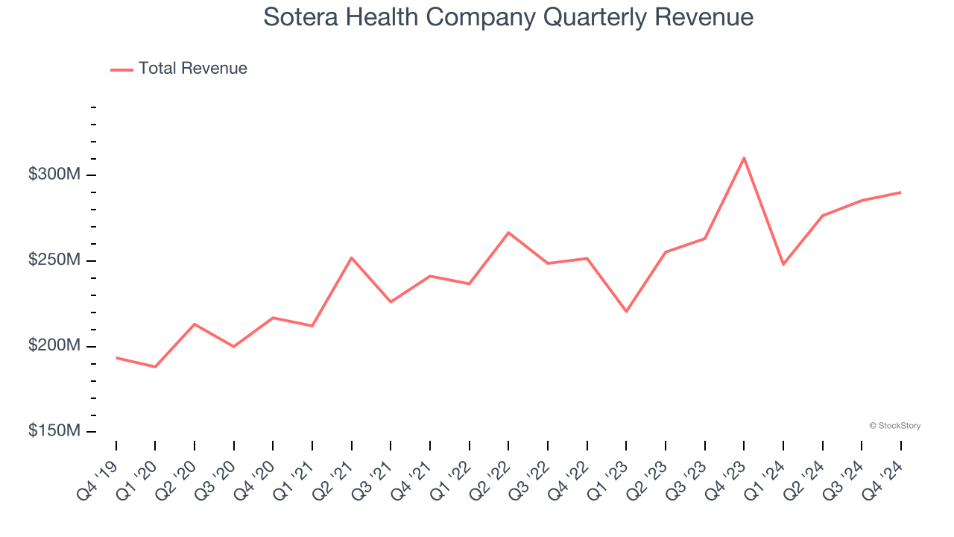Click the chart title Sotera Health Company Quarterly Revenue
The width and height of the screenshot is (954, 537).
(508, 17)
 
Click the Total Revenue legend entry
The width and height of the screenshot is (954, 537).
(179, 69)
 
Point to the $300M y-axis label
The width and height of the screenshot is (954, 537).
(54, 175)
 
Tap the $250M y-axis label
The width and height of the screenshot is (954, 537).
(54, 260)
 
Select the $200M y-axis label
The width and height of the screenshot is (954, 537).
(54, 346)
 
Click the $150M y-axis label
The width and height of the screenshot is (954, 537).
(54, 431)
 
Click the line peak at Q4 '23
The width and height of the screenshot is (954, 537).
(744, 157)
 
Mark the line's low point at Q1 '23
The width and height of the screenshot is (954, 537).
(626, 312)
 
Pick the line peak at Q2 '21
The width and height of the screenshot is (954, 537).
(351, 257)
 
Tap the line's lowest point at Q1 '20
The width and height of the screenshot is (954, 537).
(155, 367)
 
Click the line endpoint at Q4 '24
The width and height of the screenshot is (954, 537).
(900, 192)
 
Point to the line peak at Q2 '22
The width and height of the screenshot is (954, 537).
(508, 233)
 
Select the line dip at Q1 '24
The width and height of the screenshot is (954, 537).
(783, 265)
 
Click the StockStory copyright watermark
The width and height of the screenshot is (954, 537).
(894, 426)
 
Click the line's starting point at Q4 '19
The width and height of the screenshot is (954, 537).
(116, 357)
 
